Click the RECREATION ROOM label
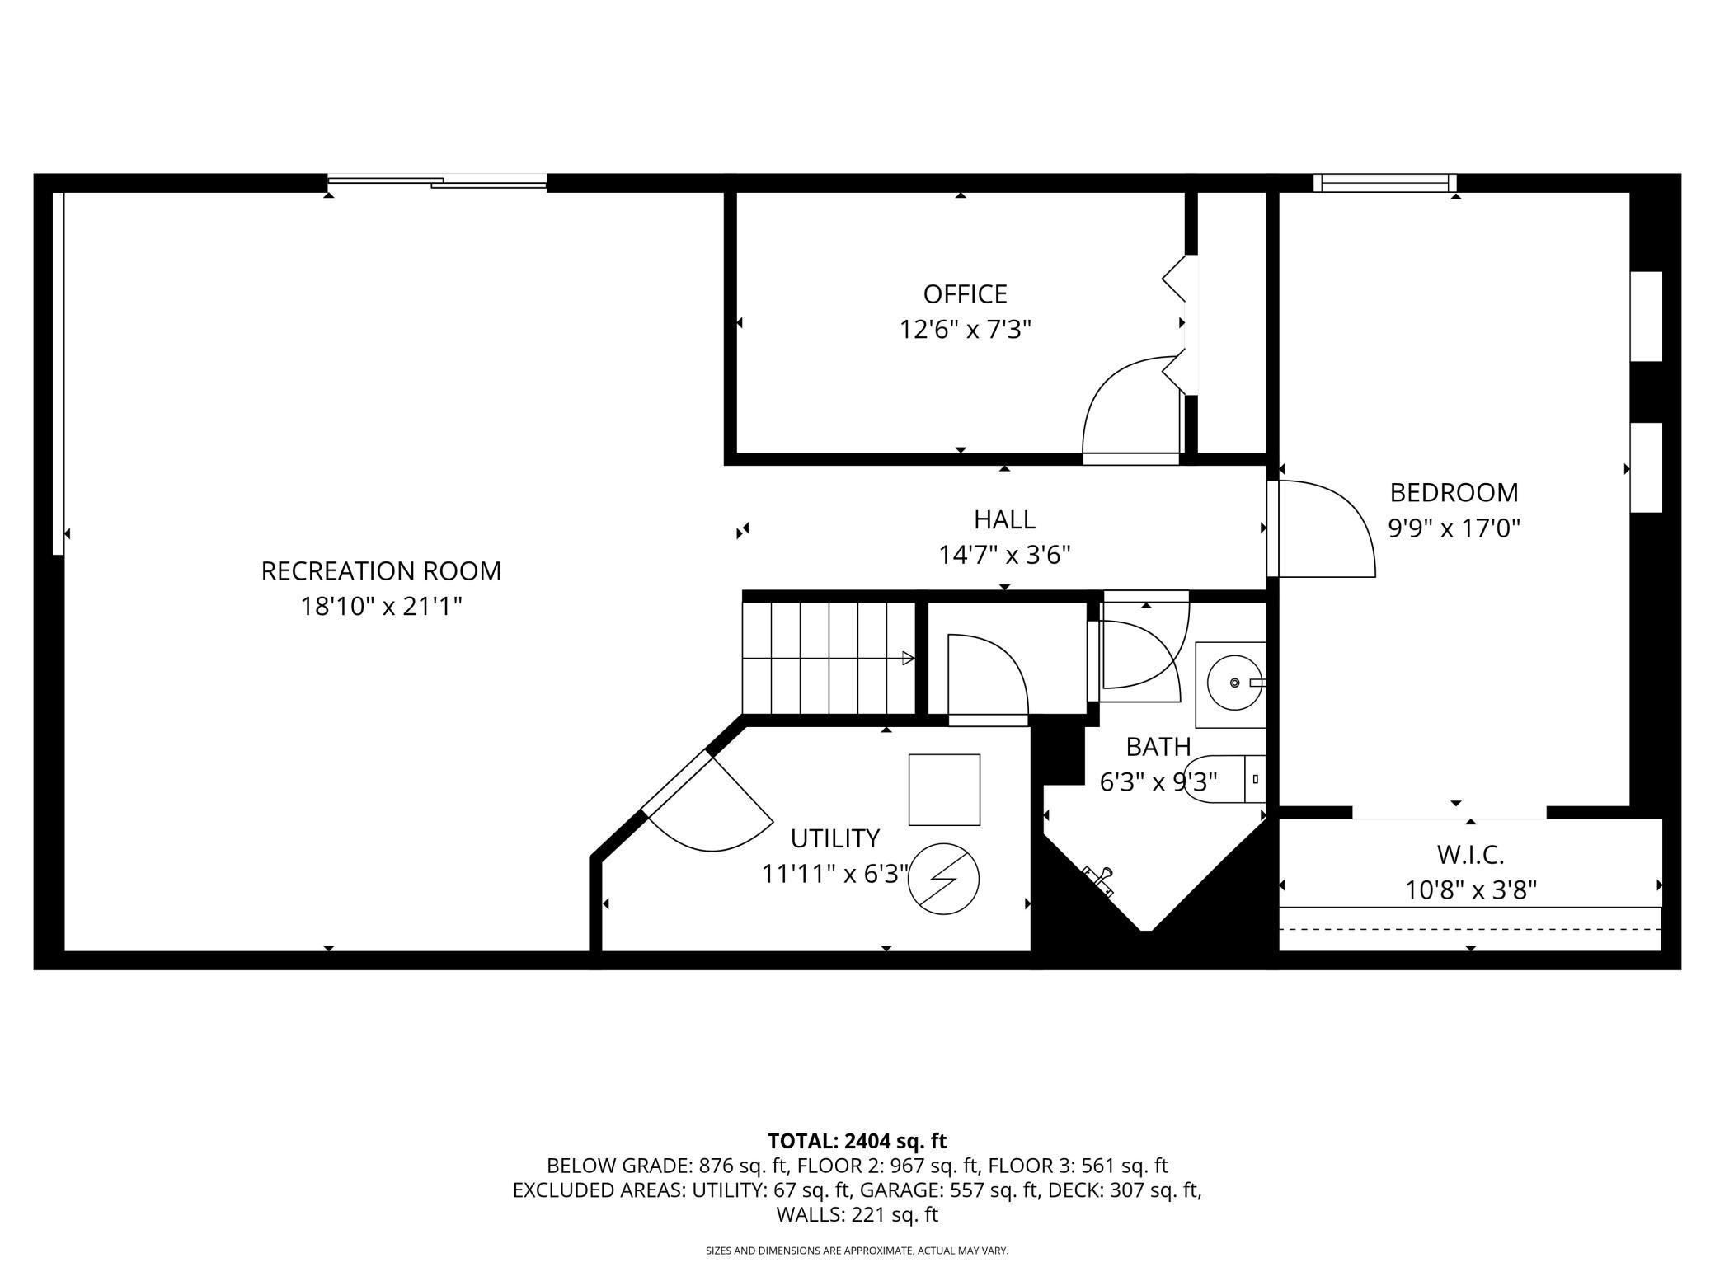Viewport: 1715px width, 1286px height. tap(381, 570)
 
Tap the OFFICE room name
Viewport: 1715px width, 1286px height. tap(965, 294)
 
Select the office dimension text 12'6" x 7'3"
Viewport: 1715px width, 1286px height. tap(965, 330)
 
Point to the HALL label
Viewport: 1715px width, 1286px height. tap(1004, 519)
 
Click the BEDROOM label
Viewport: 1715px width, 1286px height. tap(1454, 492)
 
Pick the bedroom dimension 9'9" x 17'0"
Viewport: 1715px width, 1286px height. tap(1454, 528)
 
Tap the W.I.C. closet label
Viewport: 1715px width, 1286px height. tap(1471, 855)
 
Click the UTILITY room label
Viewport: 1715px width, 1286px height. tap(835, 838)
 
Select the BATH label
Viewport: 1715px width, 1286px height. tap(1158, 747)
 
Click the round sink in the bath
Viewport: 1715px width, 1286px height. tap(1234, 683)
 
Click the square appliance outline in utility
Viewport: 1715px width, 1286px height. tap(944, 790)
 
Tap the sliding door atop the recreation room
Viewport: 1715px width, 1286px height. tap(437, 181)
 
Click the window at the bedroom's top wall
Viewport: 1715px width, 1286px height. tap(1385, 182)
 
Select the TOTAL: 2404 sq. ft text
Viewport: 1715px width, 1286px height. tap(857, 1141)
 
